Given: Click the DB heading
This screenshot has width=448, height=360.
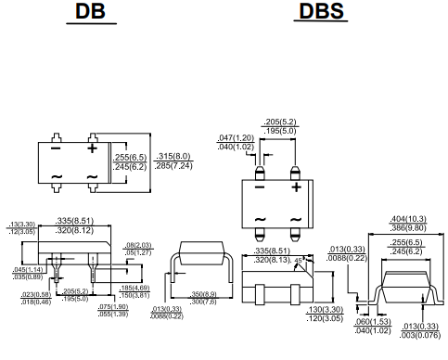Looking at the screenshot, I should tap(96, 13).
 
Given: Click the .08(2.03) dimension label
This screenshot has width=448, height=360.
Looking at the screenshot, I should tap(137, 243).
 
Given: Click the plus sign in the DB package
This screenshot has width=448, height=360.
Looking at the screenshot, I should tap(92, 148).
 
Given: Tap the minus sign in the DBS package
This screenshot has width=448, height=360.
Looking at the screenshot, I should tap(261, 186).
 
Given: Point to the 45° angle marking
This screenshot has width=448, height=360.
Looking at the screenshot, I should tap(301, 262).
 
